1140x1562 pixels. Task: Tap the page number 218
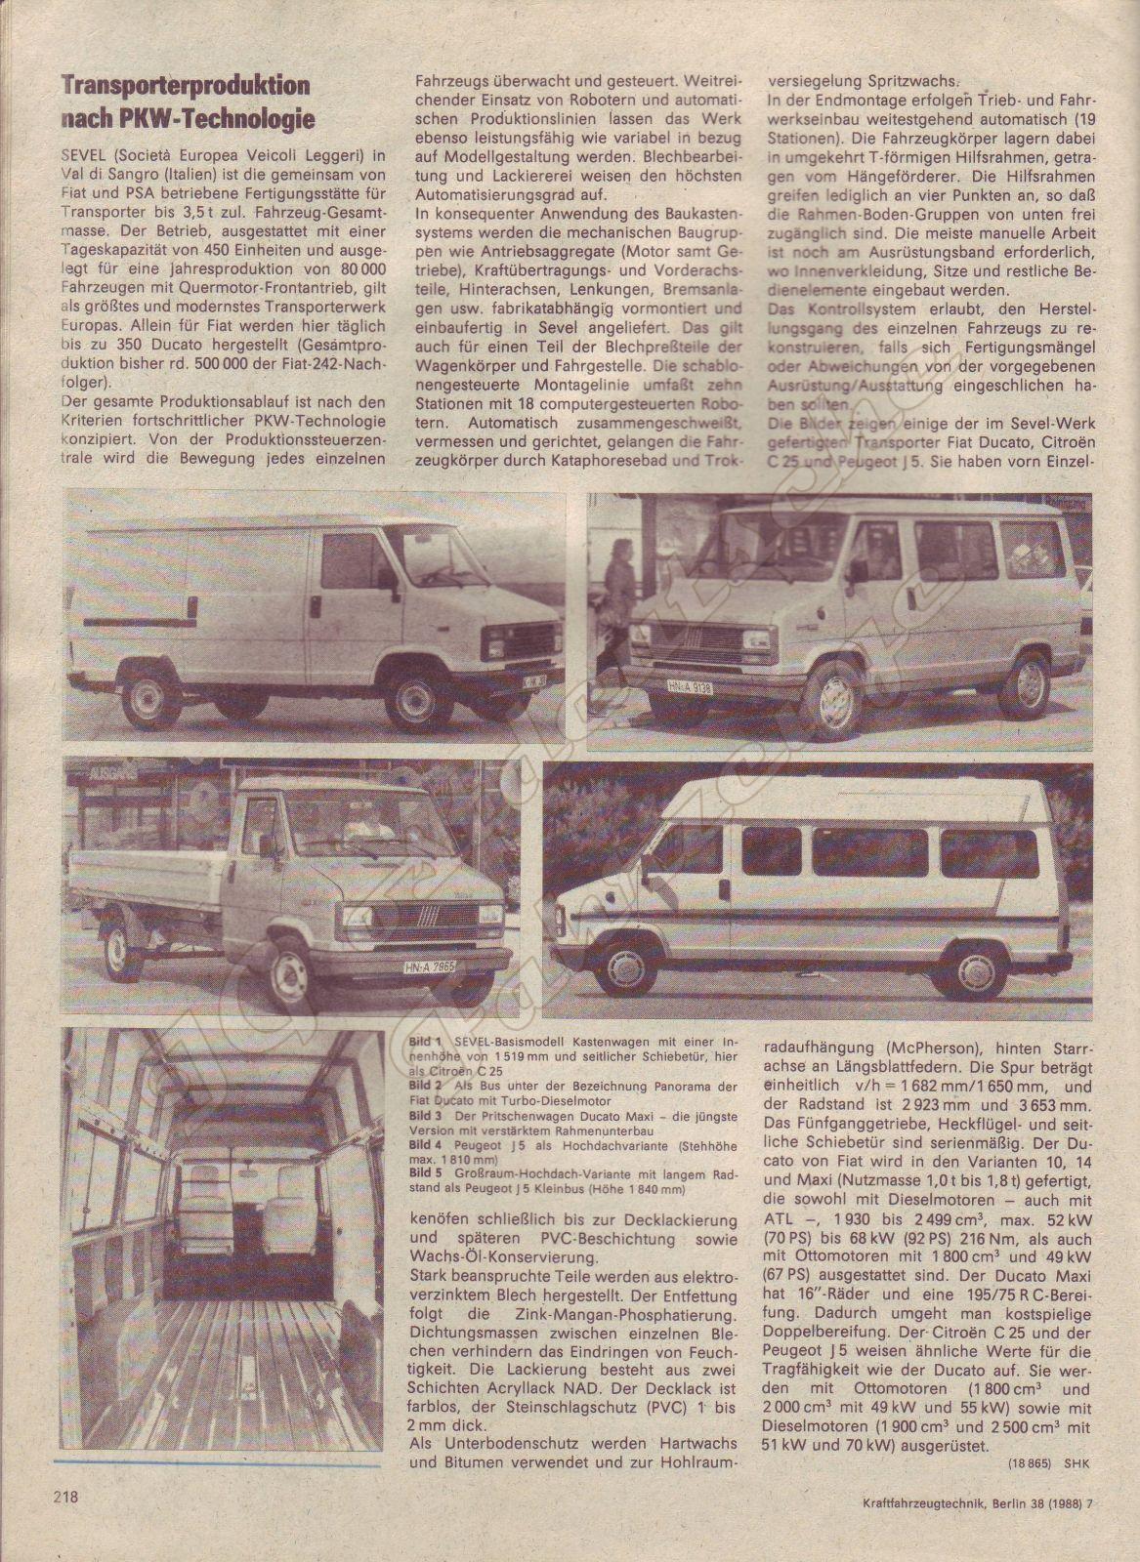tap(64, 1496)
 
